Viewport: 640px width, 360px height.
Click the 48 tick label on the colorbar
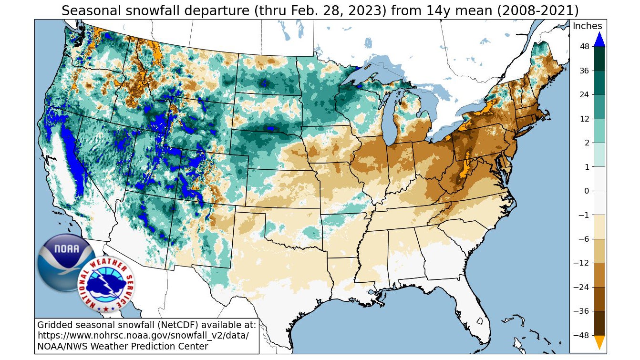584,46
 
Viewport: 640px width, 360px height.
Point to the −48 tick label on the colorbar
582,335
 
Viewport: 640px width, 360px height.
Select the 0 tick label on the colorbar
587,191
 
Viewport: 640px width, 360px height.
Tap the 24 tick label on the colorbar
584,94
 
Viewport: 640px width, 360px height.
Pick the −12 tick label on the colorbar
582,263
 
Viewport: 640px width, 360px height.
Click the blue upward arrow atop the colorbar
599,39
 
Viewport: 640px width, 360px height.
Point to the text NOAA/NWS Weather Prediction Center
123,346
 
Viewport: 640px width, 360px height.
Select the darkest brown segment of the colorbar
599,323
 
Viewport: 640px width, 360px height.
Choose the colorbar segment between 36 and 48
599,59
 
